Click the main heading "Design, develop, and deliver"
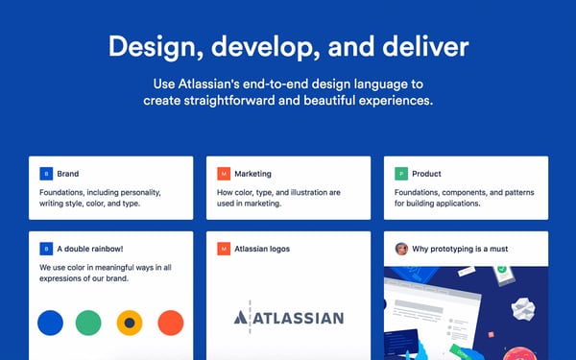pos(288,46)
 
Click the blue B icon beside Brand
pos(45,174)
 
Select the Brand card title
pos(68,174)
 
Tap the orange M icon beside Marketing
pos(224,174)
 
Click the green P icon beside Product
pos(401,174)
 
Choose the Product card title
pos(425,174)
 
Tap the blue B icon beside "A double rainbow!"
pos(45,249)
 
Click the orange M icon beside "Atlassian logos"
pos(224,249)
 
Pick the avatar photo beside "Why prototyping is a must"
pos(401,249)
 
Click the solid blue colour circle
pos(50,323)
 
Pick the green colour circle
pos(89,323)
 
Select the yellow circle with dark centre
pos(130,323)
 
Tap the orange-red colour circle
pos(170,323)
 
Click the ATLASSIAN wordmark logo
pos(288,318)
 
